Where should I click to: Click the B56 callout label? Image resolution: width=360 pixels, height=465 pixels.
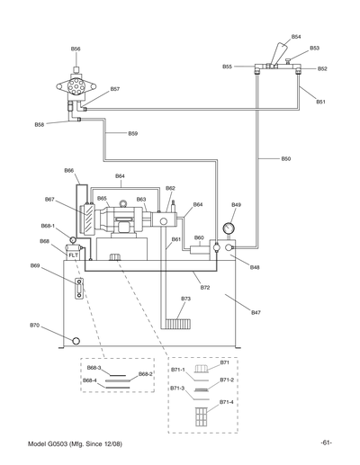[x=76, y=49]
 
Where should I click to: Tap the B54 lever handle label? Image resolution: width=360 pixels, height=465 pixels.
[x=296, y=37]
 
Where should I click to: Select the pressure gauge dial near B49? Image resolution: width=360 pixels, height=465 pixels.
[x=236, y=227]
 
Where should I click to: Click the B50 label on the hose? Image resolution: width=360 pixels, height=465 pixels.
[x=285, y=158]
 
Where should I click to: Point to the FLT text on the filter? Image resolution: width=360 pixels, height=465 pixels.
[x=74, y=255]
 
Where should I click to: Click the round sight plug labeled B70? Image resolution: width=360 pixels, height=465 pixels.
[x=76, y=341]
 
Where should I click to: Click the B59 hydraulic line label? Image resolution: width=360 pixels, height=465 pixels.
[x=132, y=134]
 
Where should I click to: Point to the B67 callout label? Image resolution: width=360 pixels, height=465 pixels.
[x=49, y=199]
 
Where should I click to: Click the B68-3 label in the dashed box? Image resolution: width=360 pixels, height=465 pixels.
[x=94, y=368]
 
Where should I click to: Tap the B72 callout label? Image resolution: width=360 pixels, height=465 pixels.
[x=205, y=288]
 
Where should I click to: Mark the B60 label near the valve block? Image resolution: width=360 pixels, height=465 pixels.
[x=199, y=237]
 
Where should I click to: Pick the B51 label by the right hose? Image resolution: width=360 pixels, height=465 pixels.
[x=320, y=102]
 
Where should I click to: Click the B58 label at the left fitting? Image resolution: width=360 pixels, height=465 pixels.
[x=40, y=124]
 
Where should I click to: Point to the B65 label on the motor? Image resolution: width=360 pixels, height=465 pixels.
[x=102, y=199]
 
